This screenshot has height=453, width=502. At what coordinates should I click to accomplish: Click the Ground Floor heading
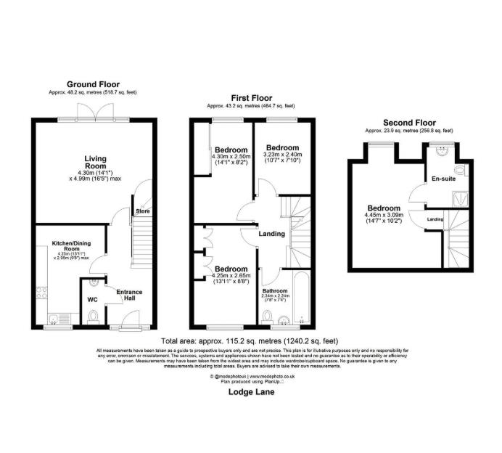[x=93, y=84]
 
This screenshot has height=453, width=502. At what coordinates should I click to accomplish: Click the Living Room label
[x=94, y=162]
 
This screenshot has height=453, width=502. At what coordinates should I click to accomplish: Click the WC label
[x=92, y=299]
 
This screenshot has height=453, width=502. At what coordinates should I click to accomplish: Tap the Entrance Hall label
[x=129, y=295]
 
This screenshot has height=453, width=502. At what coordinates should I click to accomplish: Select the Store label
[x=142, y=212]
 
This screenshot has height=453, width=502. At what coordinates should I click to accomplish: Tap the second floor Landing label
[x=435, y=219]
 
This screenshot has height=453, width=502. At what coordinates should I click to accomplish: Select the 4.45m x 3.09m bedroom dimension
[x=382, y=214]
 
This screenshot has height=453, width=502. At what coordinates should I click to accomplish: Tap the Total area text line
[x=250, y=340]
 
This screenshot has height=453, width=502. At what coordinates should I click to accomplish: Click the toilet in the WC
[x=93, y=317]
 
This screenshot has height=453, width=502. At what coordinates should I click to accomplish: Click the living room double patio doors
[x=93, y=118]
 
